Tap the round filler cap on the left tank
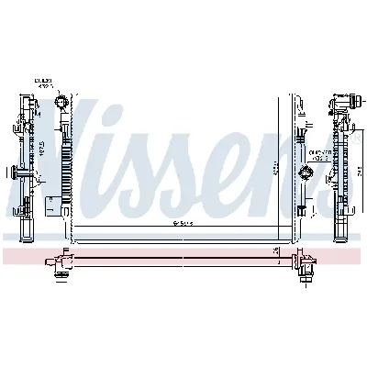tap(61, 102)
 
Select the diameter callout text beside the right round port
tap(319, 156)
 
